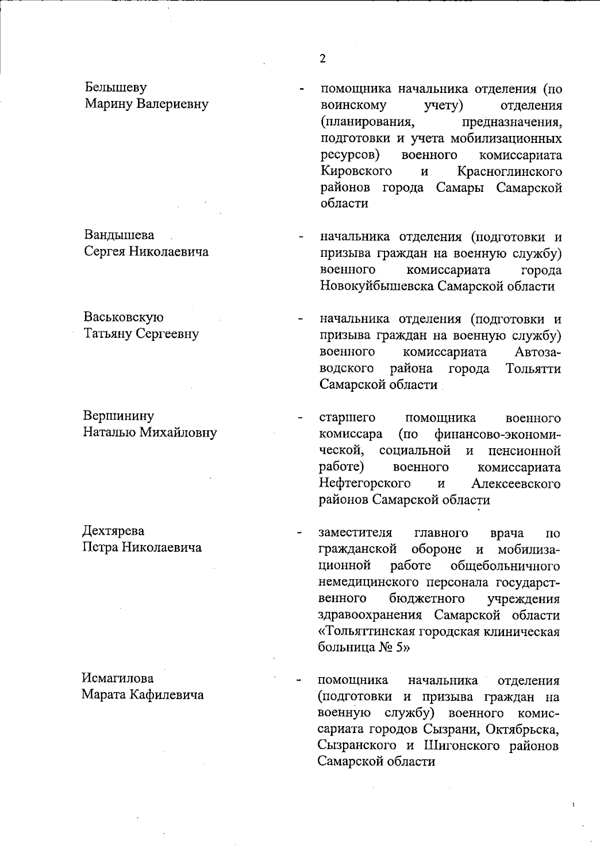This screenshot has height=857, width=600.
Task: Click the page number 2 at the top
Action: coord(322,59)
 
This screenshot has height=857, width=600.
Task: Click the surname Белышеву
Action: coord(115,88)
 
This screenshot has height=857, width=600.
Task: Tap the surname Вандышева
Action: coord(119,235)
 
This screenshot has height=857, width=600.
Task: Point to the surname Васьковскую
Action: coord(123,317)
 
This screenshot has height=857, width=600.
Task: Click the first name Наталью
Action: coord(108,432)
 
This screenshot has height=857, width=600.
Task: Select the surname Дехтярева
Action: coord(113,531)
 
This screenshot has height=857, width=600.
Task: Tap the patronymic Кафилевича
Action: coord(166,695)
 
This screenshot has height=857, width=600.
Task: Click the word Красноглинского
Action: coord(509,172)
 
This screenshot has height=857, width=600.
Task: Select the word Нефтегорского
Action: coord(364,484)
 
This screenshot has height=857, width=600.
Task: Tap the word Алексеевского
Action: coord(515,484)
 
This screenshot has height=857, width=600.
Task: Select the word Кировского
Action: coord(356,172)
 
